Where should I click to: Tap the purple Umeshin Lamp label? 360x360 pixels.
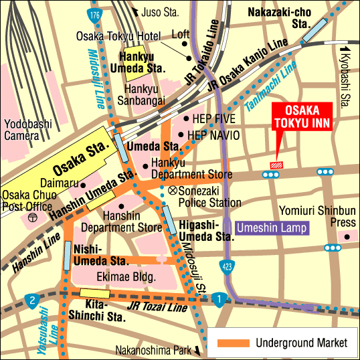(x=273, y=228)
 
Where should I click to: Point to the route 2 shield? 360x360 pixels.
(x=30, y=300)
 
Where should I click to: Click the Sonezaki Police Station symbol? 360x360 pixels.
(x=173, y=191)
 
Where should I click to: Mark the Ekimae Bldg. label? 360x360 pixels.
(x=127, y=276)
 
